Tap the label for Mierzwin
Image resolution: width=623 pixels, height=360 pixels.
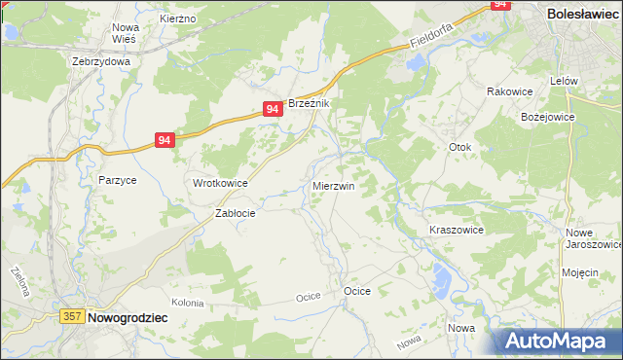pyautogui.click(x=333, y=185)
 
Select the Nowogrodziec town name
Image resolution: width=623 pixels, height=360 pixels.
pyautogui.click(x=128, y=317)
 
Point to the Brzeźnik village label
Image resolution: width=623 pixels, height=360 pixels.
pyautogui.click(x=311, y=104)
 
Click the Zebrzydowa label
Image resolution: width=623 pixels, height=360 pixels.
pyautogui.click(x=101, y=60)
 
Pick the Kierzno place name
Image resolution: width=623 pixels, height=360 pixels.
pyautogui.click(x=177, y=18)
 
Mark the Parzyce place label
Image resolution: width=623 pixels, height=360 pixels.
pyautogui.click(x=117, y=180)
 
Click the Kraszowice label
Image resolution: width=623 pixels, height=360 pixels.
pyautogui.click(x=457, y=230)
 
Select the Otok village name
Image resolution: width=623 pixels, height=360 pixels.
pyautogui.click(x=459, y=147)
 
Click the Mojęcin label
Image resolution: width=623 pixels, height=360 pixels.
pyautogui.click(x=579, y=272)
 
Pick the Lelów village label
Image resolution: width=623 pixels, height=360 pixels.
pyautogui.click(x=565, y=81)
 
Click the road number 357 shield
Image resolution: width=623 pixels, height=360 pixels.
pyautogui.click(x=71, y=316)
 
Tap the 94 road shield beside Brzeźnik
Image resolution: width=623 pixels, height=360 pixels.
pyautogui.click(x=273, y=111)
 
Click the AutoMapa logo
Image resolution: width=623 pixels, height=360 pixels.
pyautogui.click(x=558, y=341)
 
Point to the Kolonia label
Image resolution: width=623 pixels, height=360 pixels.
pyautogui.click(x=186, y=303)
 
